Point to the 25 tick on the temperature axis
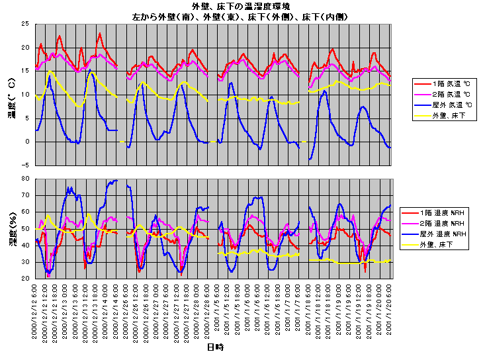[x=26, y=24]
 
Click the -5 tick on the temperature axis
[x=26, y=165]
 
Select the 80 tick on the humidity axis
[x=26, y=179]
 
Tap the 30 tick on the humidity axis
[x=26, y=262]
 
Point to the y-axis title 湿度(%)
[x=11, y=228]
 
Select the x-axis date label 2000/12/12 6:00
[x=36, y=311]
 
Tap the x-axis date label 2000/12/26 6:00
[x=126, y=311]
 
